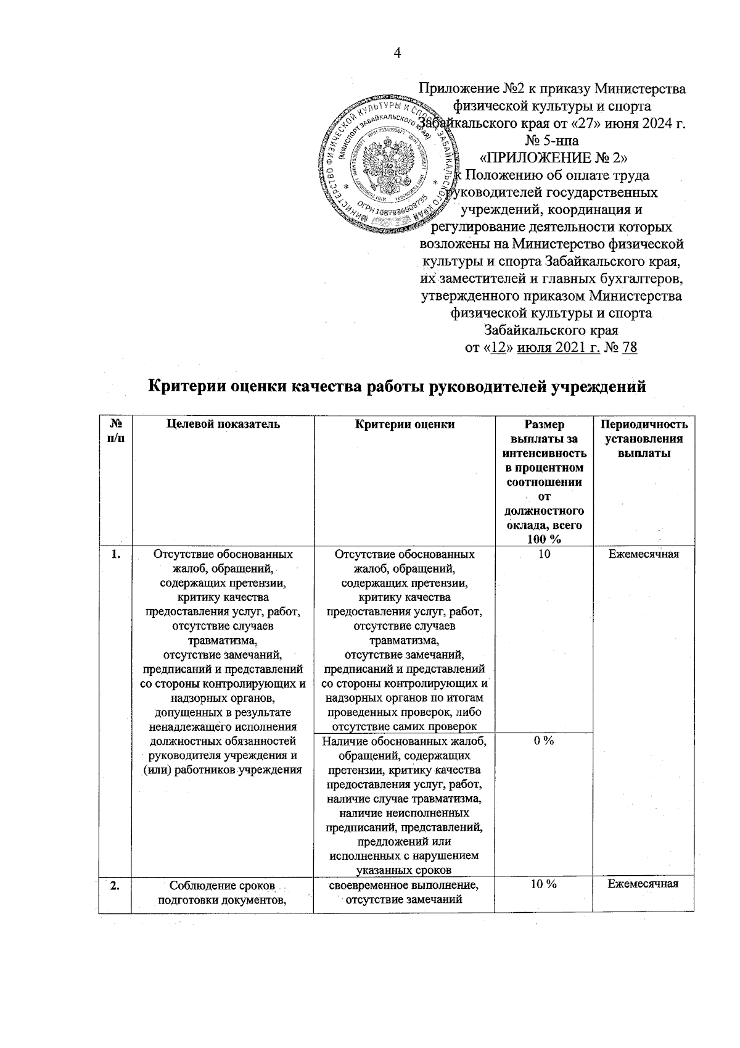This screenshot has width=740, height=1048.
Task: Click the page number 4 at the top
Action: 397,54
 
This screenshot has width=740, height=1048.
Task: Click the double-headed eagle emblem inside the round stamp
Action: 387,162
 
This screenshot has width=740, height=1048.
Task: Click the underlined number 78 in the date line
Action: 630,347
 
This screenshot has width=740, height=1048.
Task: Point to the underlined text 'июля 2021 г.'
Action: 559,347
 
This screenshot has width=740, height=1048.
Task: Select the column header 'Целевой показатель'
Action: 223,424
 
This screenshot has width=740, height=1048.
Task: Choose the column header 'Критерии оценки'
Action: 405,424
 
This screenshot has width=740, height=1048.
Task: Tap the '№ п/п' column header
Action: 115,431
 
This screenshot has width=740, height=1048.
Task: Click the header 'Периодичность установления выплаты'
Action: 643,438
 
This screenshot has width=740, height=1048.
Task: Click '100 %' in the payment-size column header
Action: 543,539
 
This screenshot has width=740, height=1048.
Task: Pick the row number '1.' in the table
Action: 115,554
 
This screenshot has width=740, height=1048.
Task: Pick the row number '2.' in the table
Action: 115,884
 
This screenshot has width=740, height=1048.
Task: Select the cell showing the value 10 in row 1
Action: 543,554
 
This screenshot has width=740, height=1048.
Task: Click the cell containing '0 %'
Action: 543,741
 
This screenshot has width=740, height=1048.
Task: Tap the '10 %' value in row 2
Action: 543,884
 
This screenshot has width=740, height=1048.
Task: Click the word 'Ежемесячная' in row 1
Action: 643,554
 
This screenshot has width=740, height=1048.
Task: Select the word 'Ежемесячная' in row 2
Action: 643,884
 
